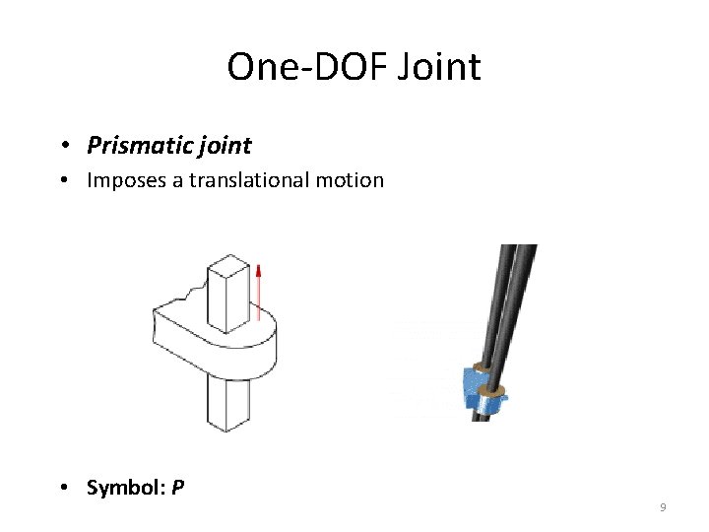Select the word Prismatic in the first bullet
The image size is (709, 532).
(x=133, y=147)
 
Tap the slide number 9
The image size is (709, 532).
(x=663, y=507)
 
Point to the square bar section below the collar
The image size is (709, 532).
(x=227, y=404)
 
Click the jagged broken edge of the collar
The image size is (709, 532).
(x=187, y=294)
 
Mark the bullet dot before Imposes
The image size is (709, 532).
(x=63, y=181)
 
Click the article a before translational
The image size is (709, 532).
(x=176, y=181)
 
